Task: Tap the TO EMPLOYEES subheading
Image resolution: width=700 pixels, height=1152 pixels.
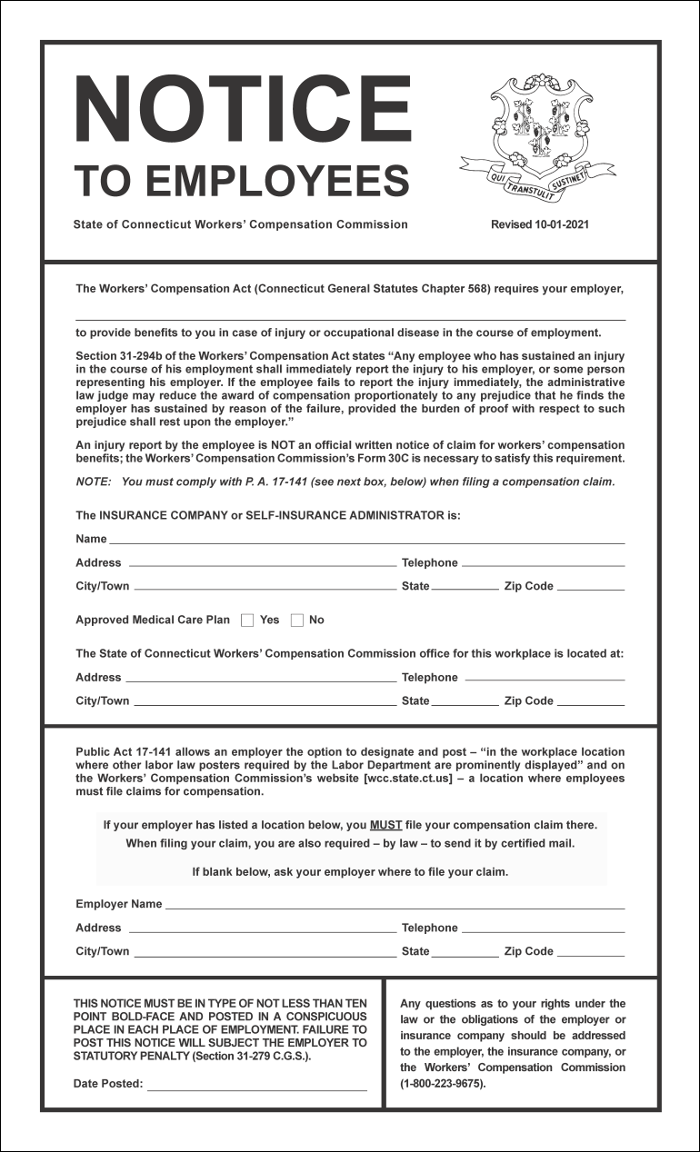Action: [241, 180]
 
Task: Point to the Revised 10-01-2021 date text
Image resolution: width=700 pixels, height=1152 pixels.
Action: [539, 224]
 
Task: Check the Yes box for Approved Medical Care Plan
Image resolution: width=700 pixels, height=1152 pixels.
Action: [247, 621]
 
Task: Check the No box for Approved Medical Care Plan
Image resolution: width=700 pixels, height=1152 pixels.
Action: [296, 621]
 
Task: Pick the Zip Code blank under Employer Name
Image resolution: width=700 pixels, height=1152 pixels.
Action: [590, 954]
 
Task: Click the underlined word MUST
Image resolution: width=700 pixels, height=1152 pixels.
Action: [385, 825]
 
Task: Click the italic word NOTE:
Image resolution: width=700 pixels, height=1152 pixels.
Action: [93, 482]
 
